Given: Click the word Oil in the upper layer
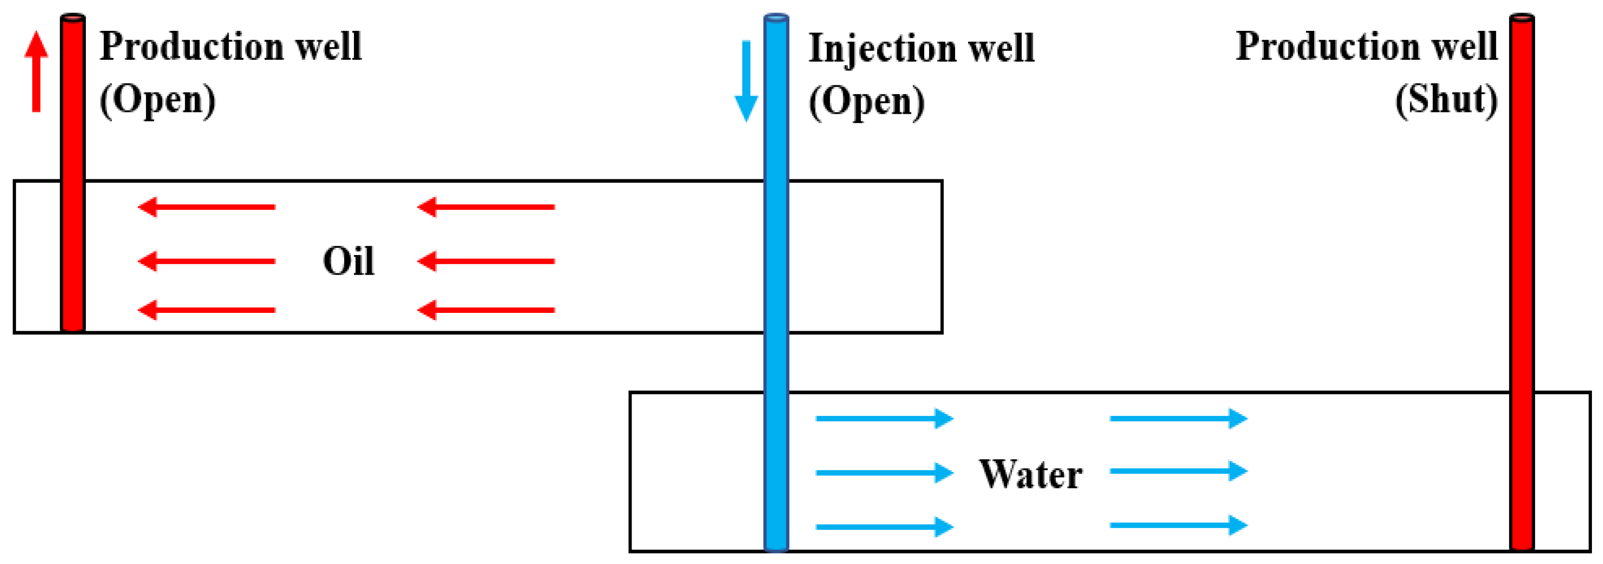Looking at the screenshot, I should pyautogui.click(x=349, y=261).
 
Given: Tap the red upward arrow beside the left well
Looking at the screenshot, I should pyautogui.click(x=36, y=72).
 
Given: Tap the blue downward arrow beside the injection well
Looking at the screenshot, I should pyautogui.click(x=746, y=81).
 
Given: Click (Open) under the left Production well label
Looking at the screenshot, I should pyautogui.click(x=158, y=100).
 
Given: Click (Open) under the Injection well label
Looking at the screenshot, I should pyautogui.click(x=866, y=101).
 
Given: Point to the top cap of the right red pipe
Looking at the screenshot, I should pyautogui.click(x=1522, y=18).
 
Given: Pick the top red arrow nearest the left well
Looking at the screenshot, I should pyautogui.click(x=207, y=207).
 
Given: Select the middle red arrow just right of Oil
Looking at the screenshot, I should pyautogui.click(x=486, y=261).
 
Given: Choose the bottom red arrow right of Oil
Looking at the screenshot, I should pyautogui.click(x=486, y=310).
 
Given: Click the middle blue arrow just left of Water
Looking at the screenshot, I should pyautogui.click(x=884, y=473).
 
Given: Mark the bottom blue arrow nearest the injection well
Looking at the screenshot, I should pyautogui.click(x=884, y=527).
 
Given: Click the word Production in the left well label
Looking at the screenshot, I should pyautogui.click(x=192, y=47).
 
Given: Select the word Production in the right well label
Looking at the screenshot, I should pyautogui.click(x=1328, y=47).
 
